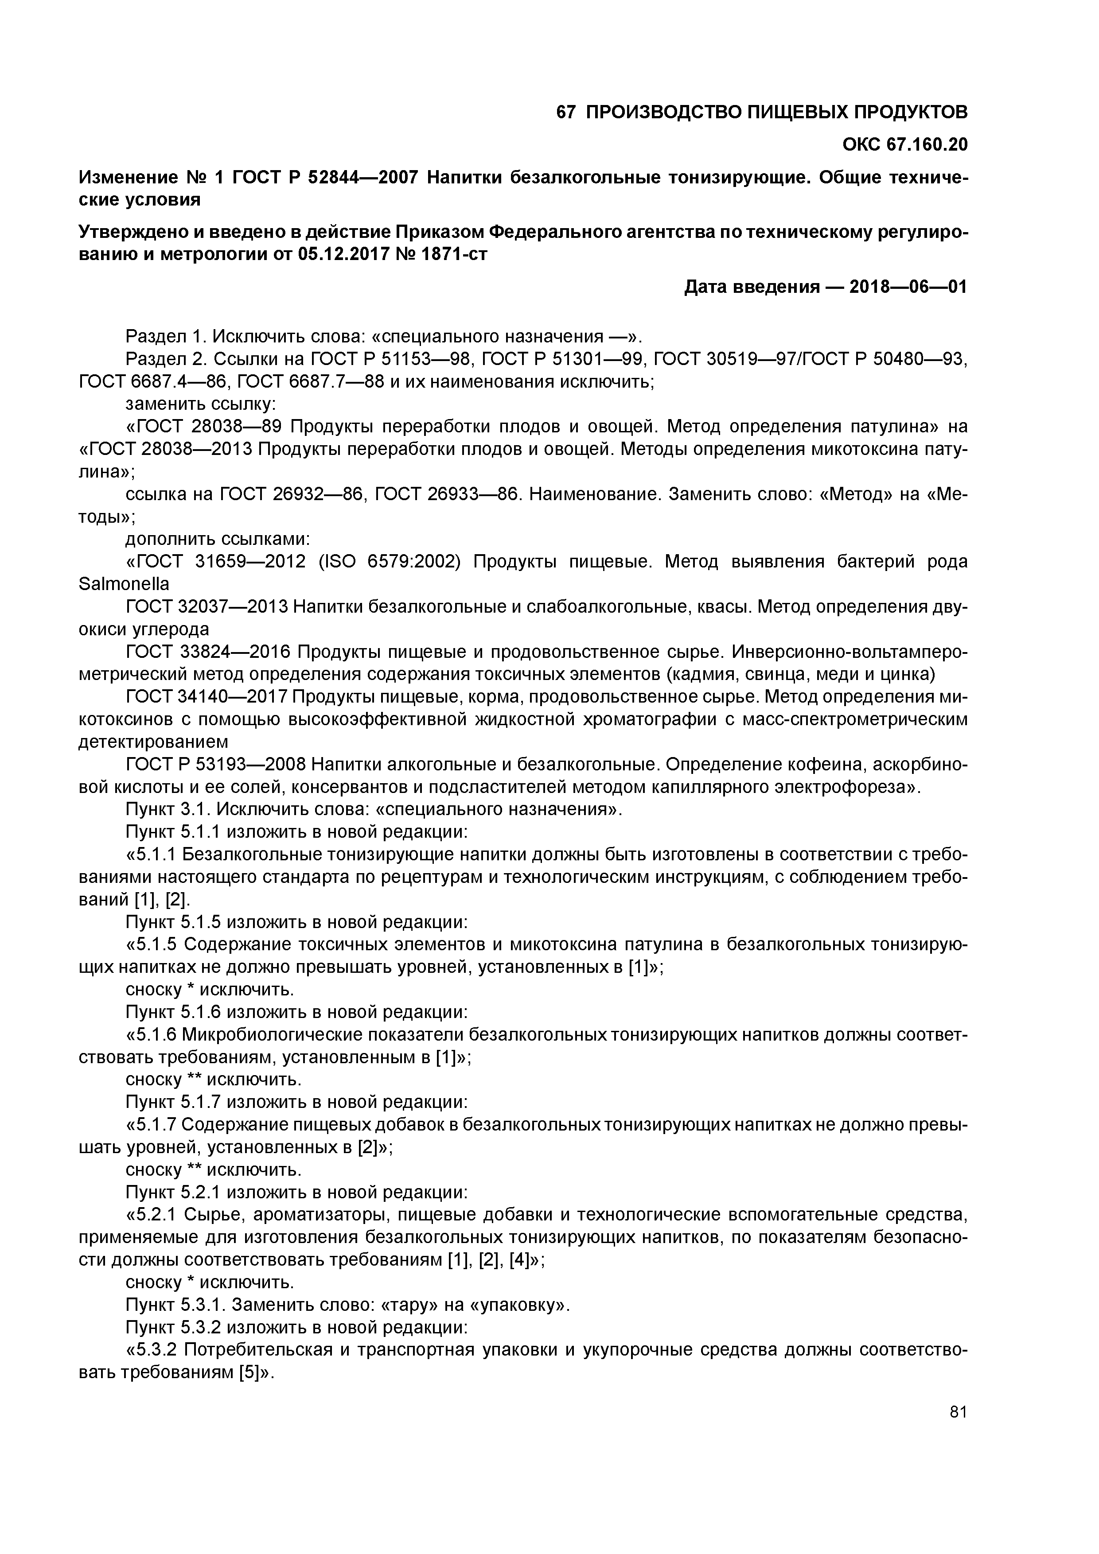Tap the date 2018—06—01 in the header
tap(908, 287)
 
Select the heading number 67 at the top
tap(565, 113)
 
